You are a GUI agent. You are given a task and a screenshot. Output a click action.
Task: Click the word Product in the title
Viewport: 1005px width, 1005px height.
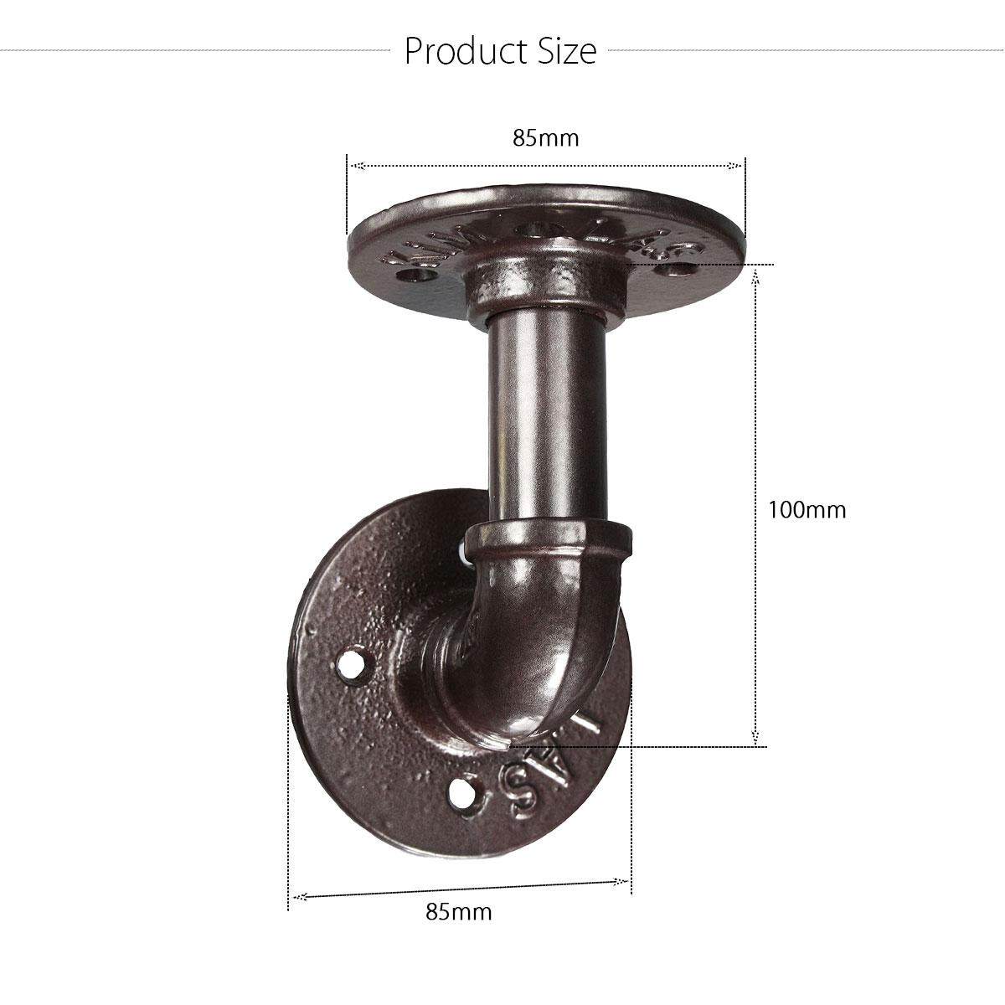[461, 52]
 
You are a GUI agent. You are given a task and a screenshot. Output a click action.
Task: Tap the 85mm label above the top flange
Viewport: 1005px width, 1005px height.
[545, 137]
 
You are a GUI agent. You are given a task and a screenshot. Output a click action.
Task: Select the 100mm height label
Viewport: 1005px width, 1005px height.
[807, 509]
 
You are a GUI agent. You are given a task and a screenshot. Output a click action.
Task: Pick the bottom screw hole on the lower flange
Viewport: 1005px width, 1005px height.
[461, 792]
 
